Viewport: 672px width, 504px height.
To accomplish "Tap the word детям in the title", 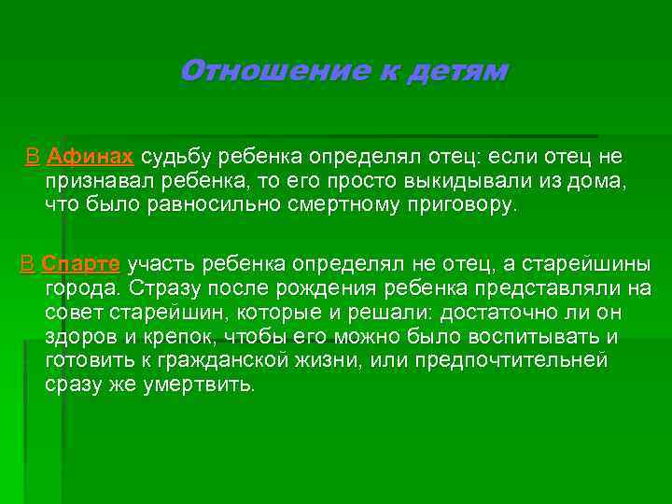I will [457, 71].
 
